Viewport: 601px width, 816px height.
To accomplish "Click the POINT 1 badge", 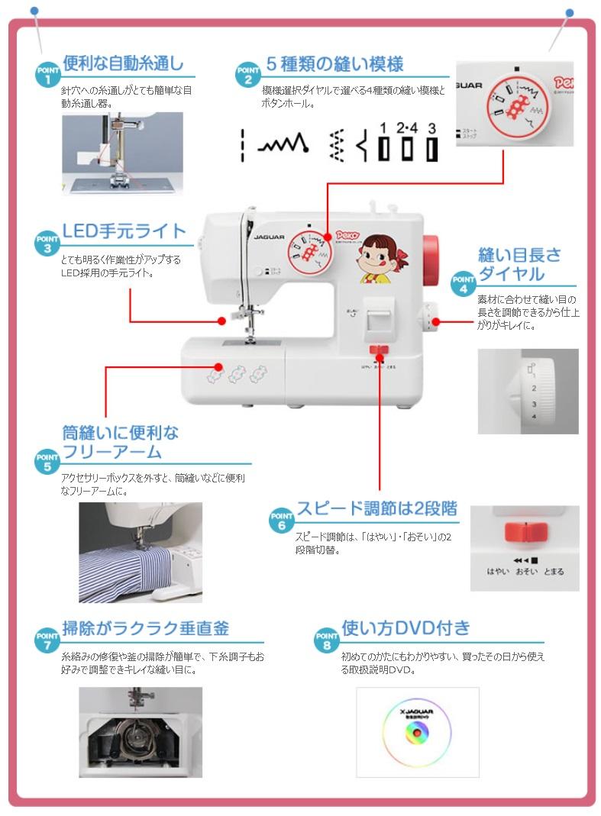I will click(x=47, y=74).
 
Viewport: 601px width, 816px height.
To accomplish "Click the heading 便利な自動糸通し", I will click(x=123, y=63).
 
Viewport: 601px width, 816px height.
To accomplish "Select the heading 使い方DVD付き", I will click(x=406, y=628).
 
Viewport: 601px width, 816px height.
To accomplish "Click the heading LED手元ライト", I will click(x=124, y=231).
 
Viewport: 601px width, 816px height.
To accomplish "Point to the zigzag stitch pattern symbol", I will click(x=282, y=144).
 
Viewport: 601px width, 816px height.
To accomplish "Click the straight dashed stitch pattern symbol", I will click(x=242, y=144).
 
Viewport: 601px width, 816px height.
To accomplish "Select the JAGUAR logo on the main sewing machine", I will click(x=260, y=237).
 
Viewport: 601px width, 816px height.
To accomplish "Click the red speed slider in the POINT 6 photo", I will click(x=525, y=531).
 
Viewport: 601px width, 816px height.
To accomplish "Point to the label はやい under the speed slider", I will click(x=498, y=571).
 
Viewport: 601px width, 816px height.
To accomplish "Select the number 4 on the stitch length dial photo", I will click(x=534, y=416).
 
